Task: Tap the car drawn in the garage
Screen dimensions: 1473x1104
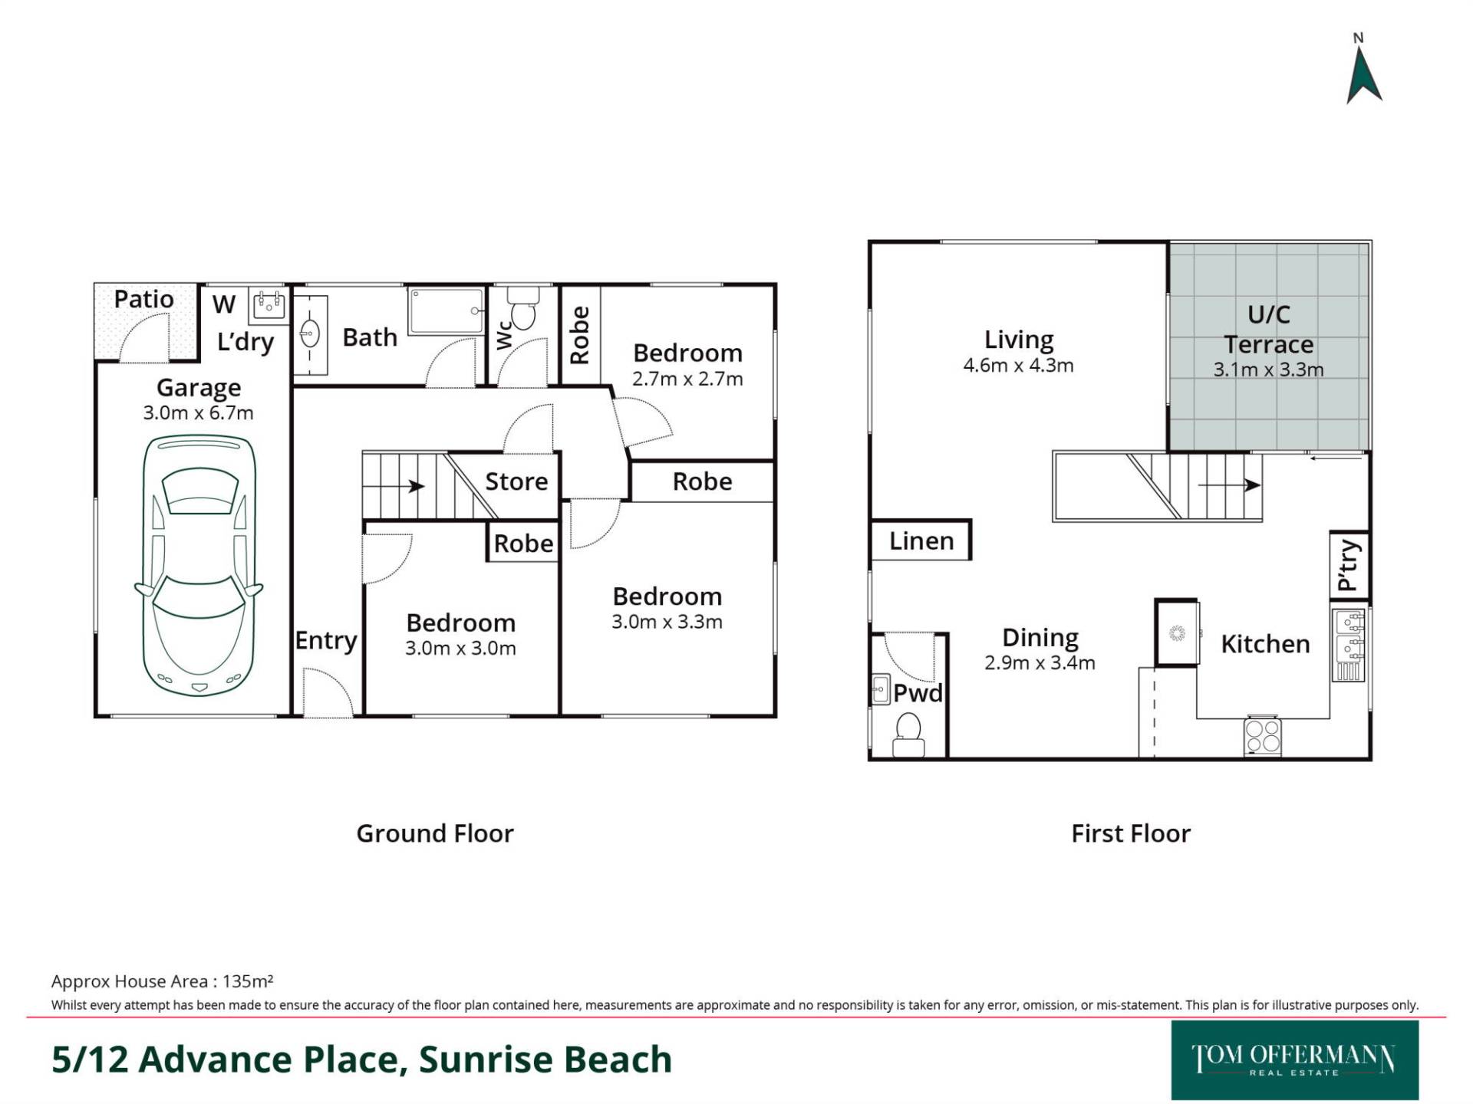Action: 199,565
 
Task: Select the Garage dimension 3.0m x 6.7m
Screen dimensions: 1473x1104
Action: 198,412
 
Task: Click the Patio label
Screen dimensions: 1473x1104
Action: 143,299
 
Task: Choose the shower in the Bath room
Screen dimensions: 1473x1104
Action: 447,311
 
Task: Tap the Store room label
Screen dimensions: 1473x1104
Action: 516,481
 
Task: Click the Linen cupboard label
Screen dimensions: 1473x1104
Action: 921,541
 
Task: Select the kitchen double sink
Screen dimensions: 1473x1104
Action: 1349,645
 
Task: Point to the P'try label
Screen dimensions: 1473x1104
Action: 1349,566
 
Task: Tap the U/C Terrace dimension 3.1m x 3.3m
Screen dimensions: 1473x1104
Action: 1268,370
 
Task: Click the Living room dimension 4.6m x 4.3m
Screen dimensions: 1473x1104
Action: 1018,365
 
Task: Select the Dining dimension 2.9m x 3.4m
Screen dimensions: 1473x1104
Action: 1040,662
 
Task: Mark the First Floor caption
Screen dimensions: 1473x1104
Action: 1131,833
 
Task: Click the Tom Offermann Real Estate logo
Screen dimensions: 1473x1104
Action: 1294,1060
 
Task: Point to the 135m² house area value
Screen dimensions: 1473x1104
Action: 248,981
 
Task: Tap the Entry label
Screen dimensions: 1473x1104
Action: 326,640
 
